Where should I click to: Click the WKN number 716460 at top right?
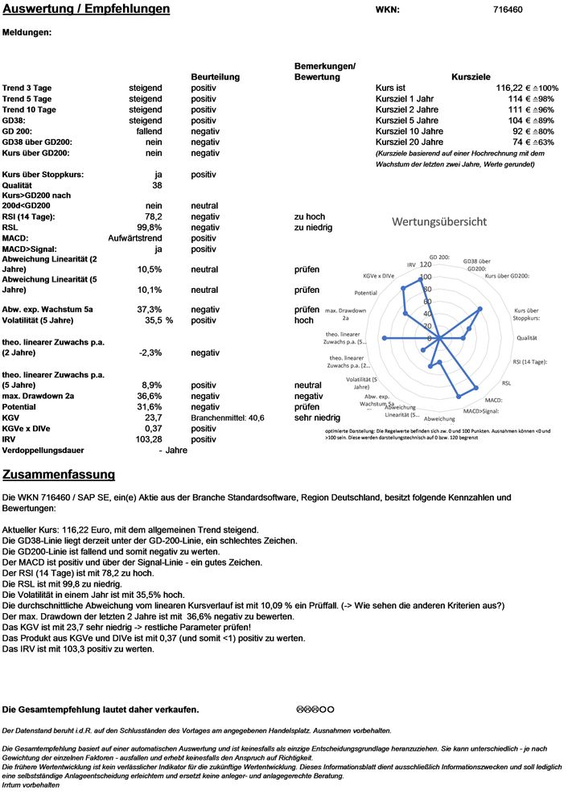(x=507, y=10)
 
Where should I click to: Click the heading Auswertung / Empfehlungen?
(x=86, y=9)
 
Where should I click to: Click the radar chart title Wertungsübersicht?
(x=438, y=221)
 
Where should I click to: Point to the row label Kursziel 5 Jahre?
(x=410, y=120)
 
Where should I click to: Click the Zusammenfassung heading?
(x=59, y=474)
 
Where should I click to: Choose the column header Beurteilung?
(x=215, y=76)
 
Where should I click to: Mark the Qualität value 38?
(x=157, y=184)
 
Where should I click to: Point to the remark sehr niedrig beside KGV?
(x=317, y=418)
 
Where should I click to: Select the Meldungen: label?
(x=27, y=33)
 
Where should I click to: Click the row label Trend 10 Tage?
(x=29, y=109)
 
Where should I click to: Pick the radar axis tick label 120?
(x=426, y=265)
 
